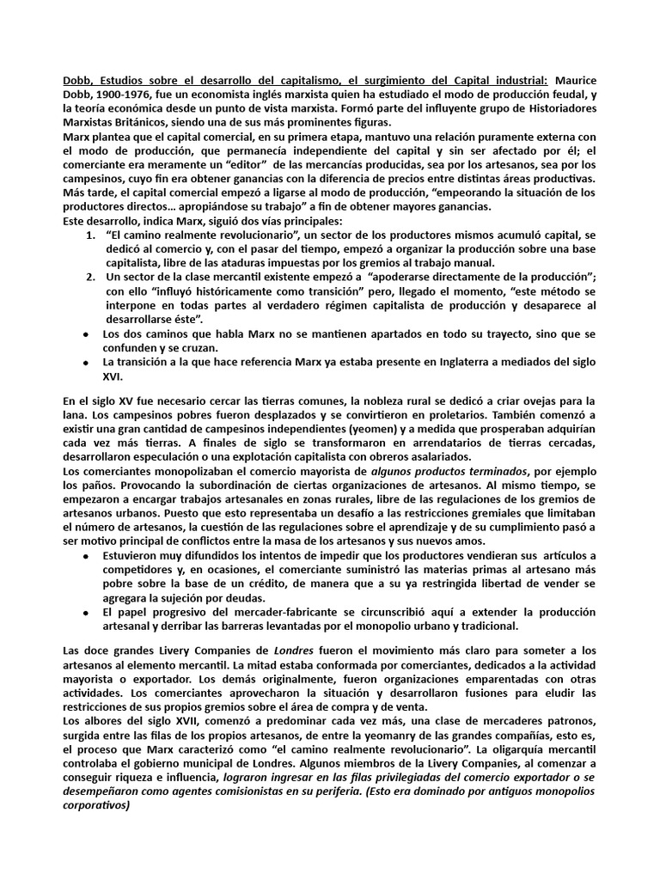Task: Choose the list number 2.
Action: [92, 278]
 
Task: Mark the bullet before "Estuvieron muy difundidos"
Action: [86, 555]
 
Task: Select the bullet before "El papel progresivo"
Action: [86, 613]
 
